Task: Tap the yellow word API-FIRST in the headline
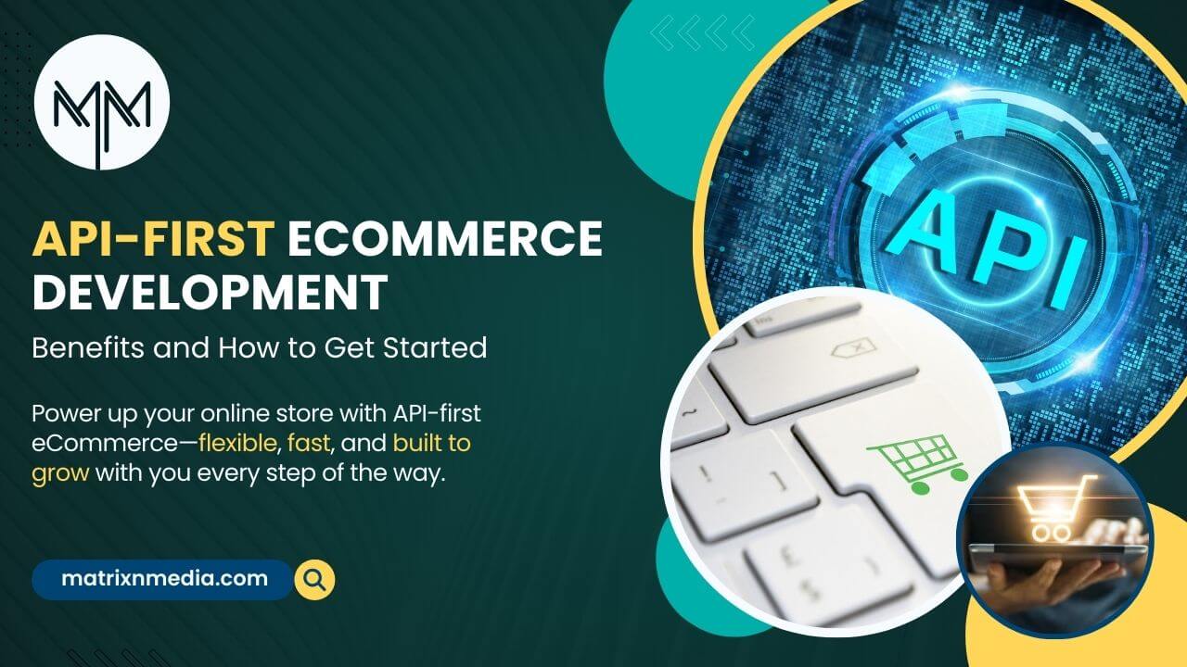coord(154,238)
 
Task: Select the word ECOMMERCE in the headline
coord(444,238)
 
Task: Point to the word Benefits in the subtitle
coord(88,347)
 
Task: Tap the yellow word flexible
coord(237,443)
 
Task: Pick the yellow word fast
coord(309,443)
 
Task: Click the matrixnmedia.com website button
coord(162,579)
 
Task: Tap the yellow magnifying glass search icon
coord(314,580)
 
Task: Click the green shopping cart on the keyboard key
coord(917,463)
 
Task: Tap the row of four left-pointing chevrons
coord(703,32)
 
